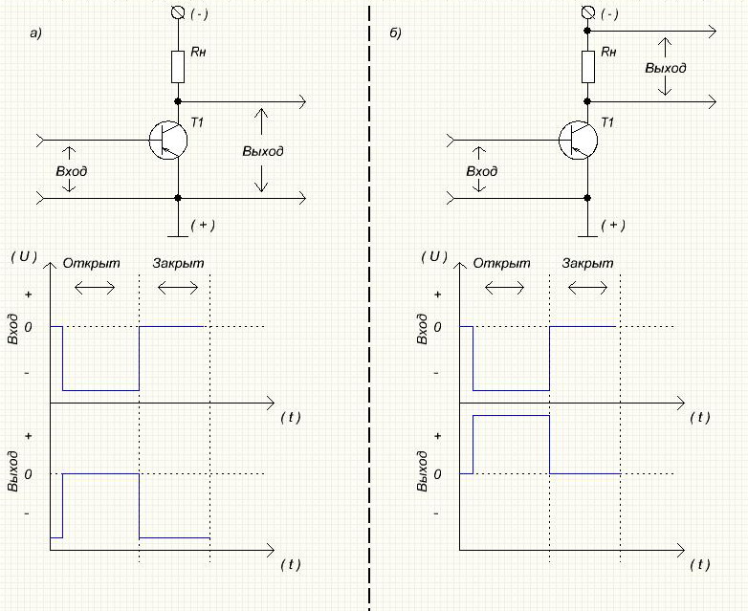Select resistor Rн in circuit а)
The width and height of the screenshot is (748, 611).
[178, 67]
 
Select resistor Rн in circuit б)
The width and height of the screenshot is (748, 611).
[588, 67]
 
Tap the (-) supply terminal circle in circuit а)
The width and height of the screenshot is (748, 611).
[177, 13]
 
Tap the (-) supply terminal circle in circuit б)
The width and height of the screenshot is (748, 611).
[588, 13]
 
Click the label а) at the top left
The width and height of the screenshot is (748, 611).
[37, 33]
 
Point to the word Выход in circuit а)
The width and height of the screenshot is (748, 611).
[263, 151]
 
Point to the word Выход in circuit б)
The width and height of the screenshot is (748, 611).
[665, 69]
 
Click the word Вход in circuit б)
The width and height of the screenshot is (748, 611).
[482, 170]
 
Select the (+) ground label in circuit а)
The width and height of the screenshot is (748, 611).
[203, 225]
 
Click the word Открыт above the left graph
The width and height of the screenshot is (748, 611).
[89, 263]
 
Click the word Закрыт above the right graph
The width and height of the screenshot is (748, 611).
[588, 263]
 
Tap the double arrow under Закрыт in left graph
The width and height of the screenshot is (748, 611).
[178, 286]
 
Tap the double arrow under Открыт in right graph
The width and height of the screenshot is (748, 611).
[505, 286]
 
